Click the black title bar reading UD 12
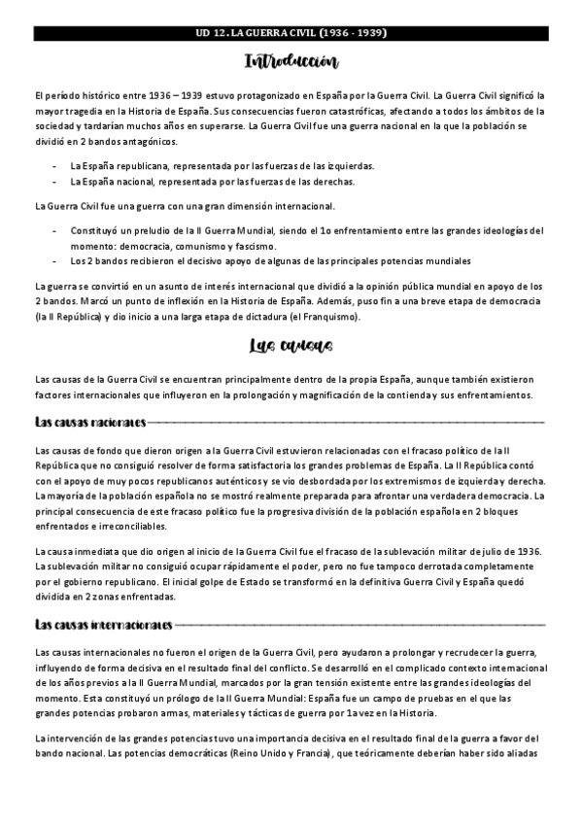[291, 33]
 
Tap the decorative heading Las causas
[291, 347]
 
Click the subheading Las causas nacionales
[89, 423]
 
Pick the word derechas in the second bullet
[331, 182]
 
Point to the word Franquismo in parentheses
[299, 316]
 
